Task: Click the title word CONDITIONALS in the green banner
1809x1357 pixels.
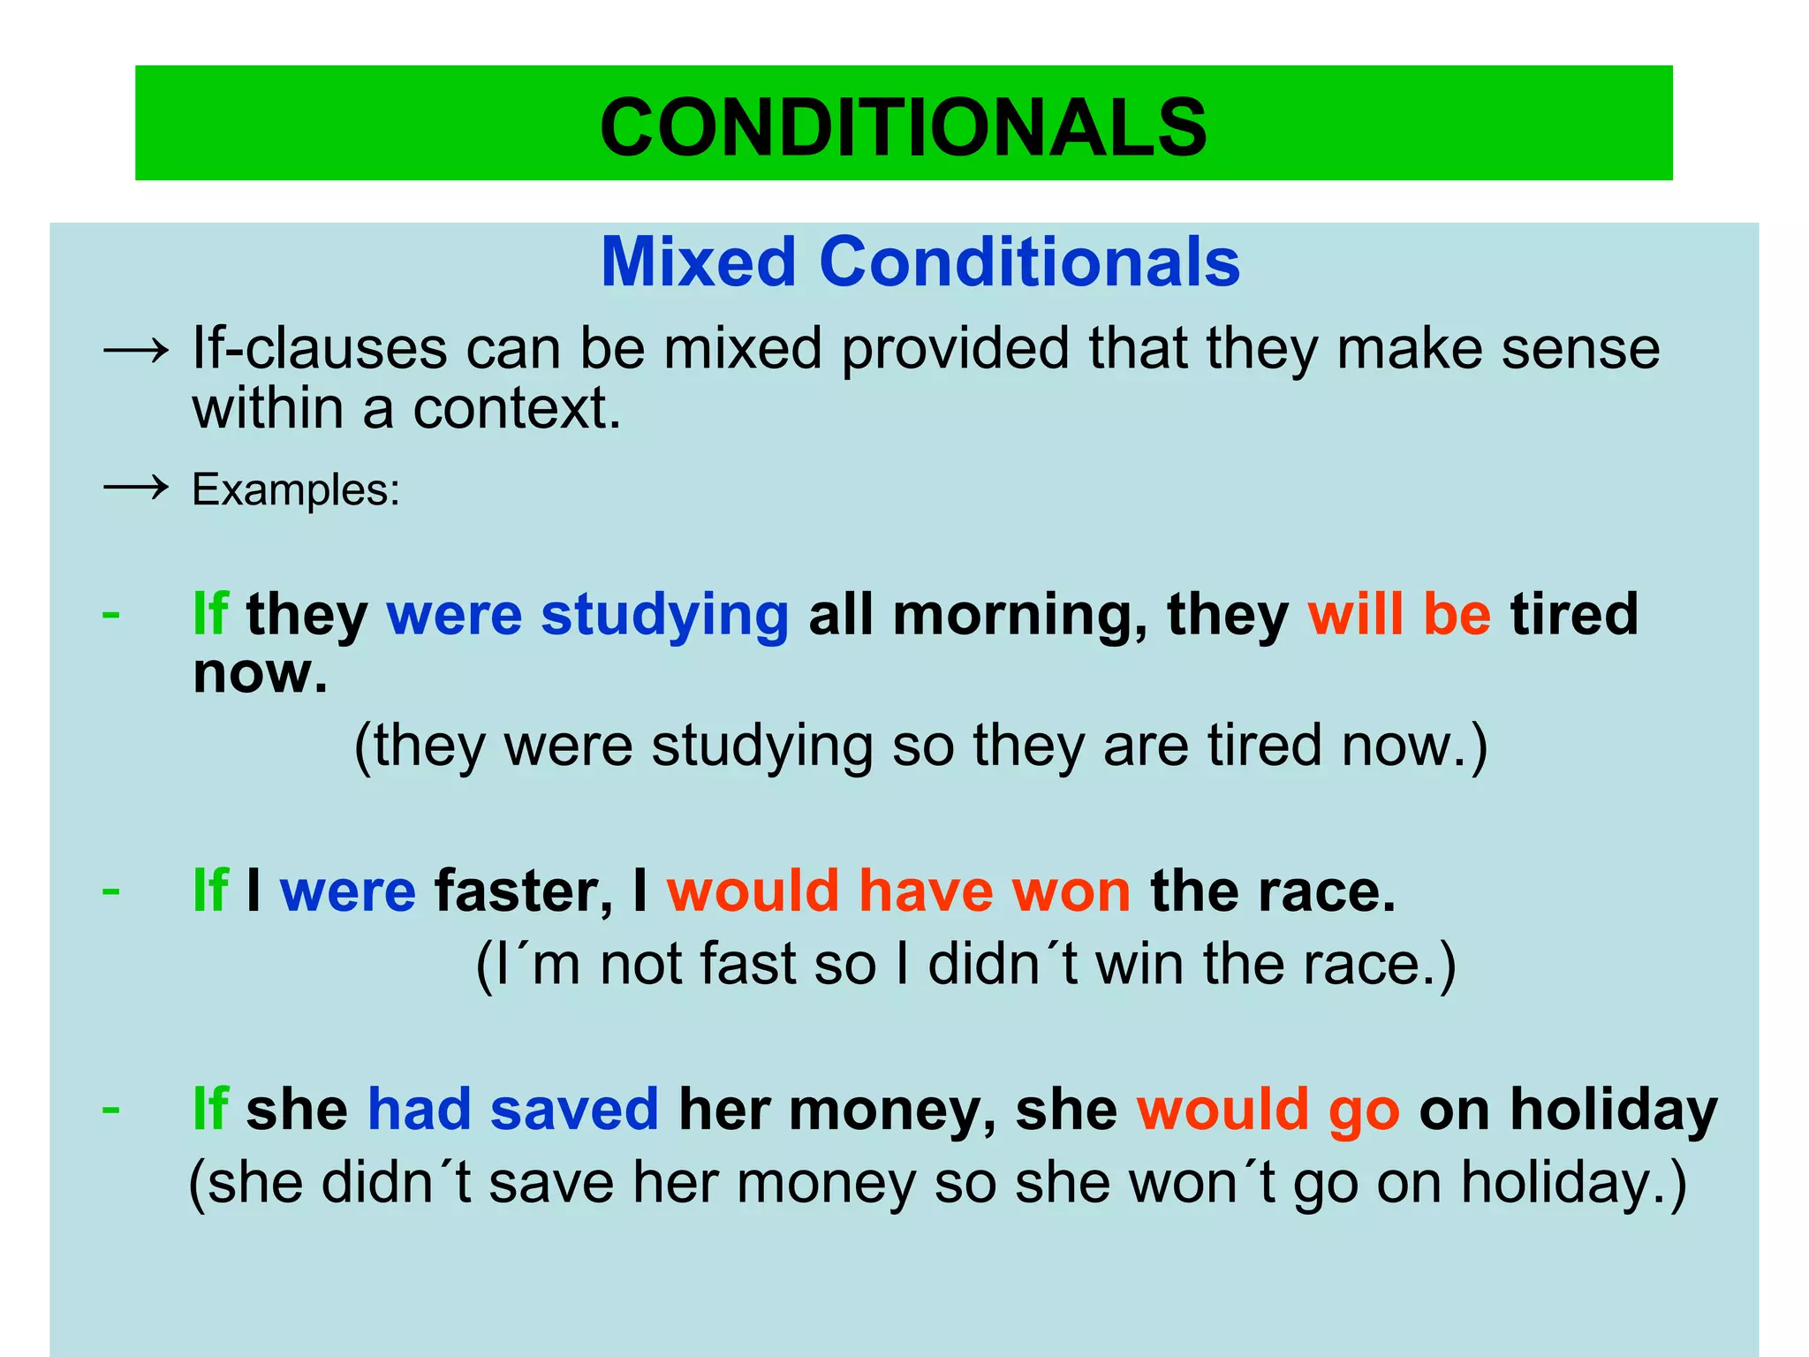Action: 903,127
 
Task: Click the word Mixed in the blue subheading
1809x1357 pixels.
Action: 698,262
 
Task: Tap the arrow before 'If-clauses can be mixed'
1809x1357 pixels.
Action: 135,351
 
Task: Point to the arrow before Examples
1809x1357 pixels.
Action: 135,487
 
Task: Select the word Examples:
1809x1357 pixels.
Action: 296,489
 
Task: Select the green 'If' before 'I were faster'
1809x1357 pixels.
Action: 210,891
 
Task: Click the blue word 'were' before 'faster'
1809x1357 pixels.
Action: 347,891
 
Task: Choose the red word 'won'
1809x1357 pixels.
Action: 1071,891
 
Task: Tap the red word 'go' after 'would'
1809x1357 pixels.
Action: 1364,1111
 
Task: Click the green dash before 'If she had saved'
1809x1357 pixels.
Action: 111,1108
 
